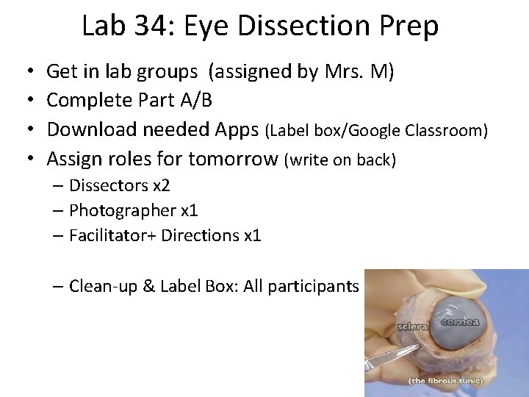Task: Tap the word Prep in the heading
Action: (409, 26)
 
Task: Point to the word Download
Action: (92, 129)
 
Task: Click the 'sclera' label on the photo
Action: (413, 326)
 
